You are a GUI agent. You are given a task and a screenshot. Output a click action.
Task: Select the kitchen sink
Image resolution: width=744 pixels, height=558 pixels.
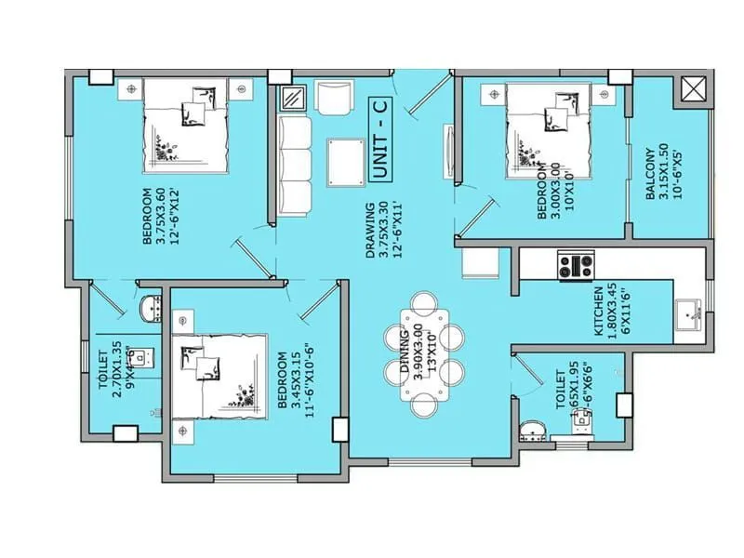(689, 314)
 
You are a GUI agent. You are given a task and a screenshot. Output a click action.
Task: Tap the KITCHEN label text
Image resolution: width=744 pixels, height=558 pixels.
(599, 312)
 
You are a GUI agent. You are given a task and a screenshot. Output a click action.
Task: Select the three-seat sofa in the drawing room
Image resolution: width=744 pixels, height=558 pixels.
(296, 167)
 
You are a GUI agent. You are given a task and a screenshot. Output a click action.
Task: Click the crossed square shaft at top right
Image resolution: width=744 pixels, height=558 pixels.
(694, 90)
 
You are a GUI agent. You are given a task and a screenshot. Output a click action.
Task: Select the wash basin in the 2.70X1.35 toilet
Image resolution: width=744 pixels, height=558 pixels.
(149, 308)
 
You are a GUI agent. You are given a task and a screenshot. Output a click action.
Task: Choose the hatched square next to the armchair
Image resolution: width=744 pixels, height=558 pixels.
(294, 98)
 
